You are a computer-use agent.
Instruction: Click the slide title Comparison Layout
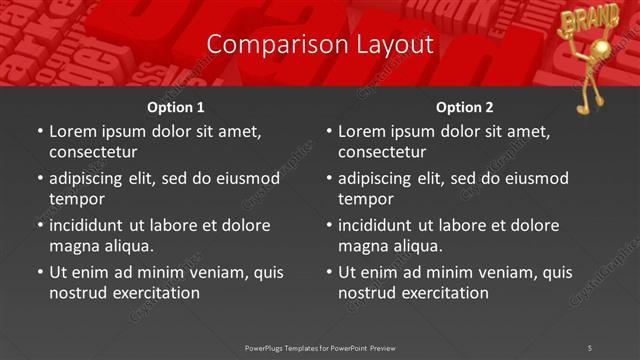coord(320,44)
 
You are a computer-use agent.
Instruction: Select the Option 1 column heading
coord(176,107)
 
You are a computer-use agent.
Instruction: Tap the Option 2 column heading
coord(465,107)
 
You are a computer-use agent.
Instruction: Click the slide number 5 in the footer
coord(590,347)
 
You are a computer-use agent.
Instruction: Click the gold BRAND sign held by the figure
coord(578,18)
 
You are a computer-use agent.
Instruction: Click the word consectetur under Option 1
coord(93,152)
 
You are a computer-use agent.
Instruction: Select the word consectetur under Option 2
coord(382,152)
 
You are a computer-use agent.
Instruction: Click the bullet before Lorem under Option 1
coord(39,131)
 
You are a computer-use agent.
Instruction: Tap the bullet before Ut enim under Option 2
coord(328,272)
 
